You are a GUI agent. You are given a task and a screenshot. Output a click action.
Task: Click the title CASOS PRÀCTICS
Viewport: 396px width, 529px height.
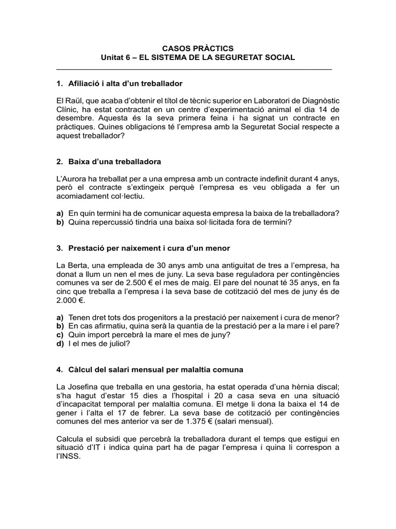tap(198, 48)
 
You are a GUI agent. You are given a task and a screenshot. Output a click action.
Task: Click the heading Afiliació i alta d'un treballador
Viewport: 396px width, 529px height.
tap(125, 83)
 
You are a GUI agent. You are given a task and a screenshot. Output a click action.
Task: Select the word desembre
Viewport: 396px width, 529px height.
tap(73, 118)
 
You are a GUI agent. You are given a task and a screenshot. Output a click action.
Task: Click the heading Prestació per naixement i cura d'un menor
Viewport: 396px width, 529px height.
tap(145, 248)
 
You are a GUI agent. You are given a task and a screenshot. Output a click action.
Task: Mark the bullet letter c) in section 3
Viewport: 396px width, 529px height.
tap(60, 335)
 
